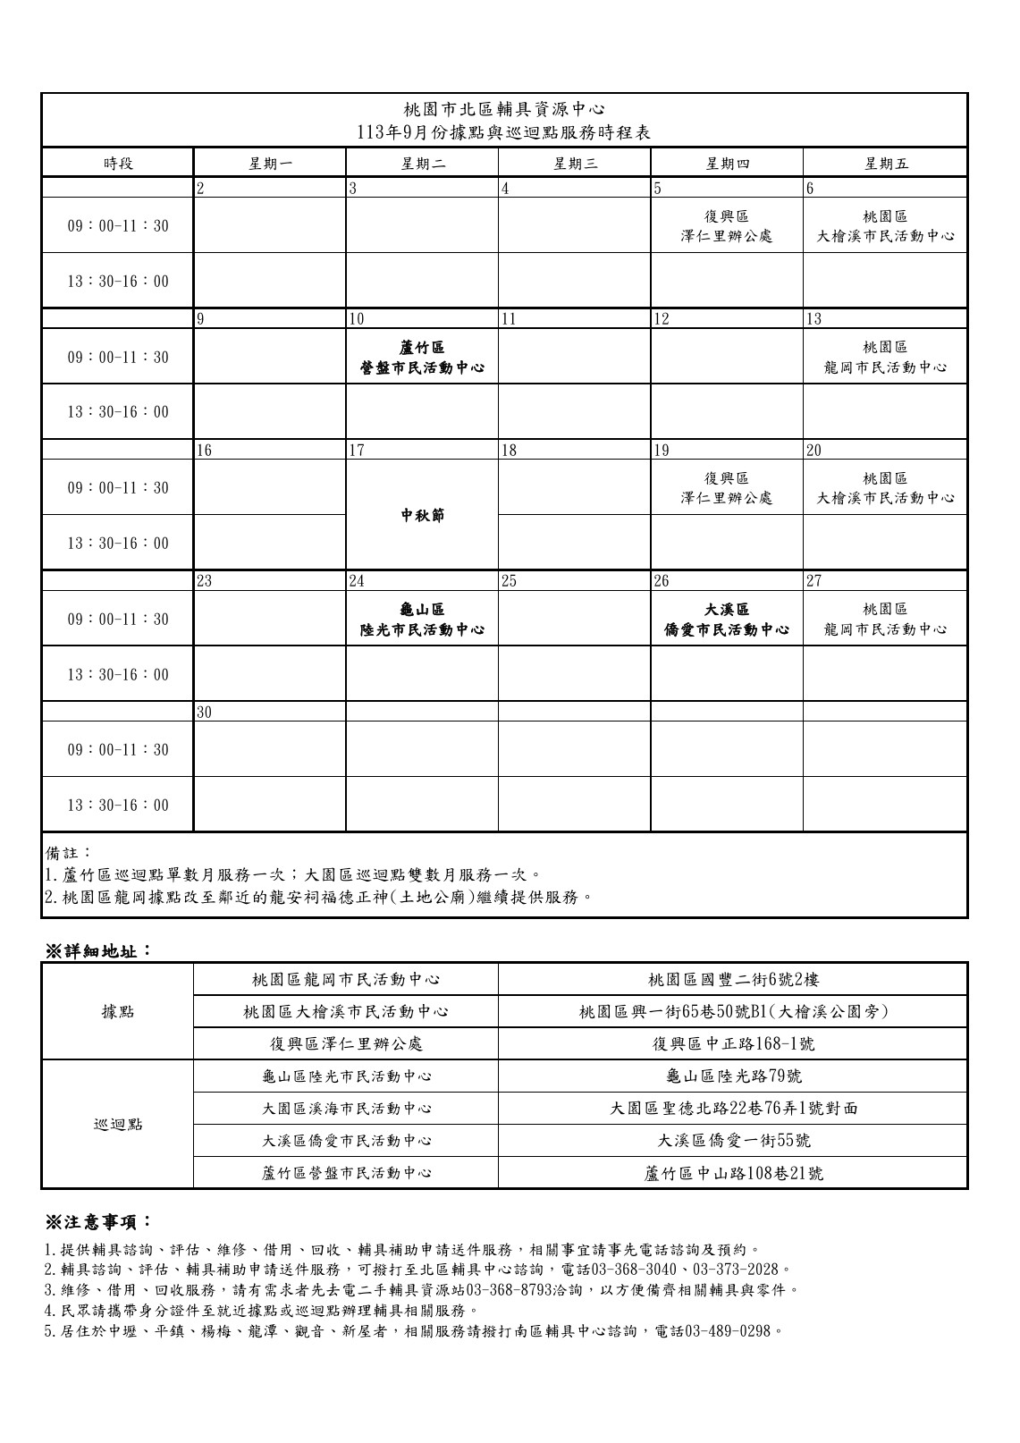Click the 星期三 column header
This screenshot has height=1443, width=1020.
coord(574,163)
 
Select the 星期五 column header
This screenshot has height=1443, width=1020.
coord(885,163)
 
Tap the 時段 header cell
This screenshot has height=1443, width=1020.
coord(118,163)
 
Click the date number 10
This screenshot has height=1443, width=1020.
coord(357,319)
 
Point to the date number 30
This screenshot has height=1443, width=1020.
coord(205,712)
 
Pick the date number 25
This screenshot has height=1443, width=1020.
coord(509,581)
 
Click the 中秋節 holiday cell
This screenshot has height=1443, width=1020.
coord(422,515)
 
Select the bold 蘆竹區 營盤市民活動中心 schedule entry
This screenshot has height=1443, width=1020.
coord(422,357)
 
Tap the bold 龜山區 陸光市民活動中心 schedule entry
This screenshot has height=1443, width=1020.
coord(422,619)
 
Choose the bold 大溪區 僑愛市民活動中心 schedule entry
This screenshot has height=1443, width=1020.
coord(726,619)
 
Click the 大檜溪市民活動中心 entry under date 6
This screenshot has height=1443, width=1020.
coord(885,237)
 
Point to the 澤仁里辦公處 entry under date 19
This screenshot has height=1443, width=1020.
coord(726,498)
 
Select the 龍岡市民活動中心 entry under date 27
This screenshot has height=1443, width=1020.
coord(885,629)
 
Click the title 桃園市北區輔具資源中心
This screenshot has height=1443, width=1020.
coord(504,110)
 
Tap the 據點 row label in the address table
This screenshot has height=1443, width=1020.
coord(118,1011)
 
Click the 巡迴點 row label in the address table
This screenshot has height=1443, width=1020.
coord(118,1124)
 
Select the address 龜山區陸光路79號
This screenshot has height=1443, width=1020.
coord(733,1076)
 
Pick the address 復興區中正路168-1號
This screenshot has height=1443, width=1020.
coord(733,1043)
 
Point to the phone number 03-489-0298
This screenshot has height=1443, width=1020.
coord(727,1331)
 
